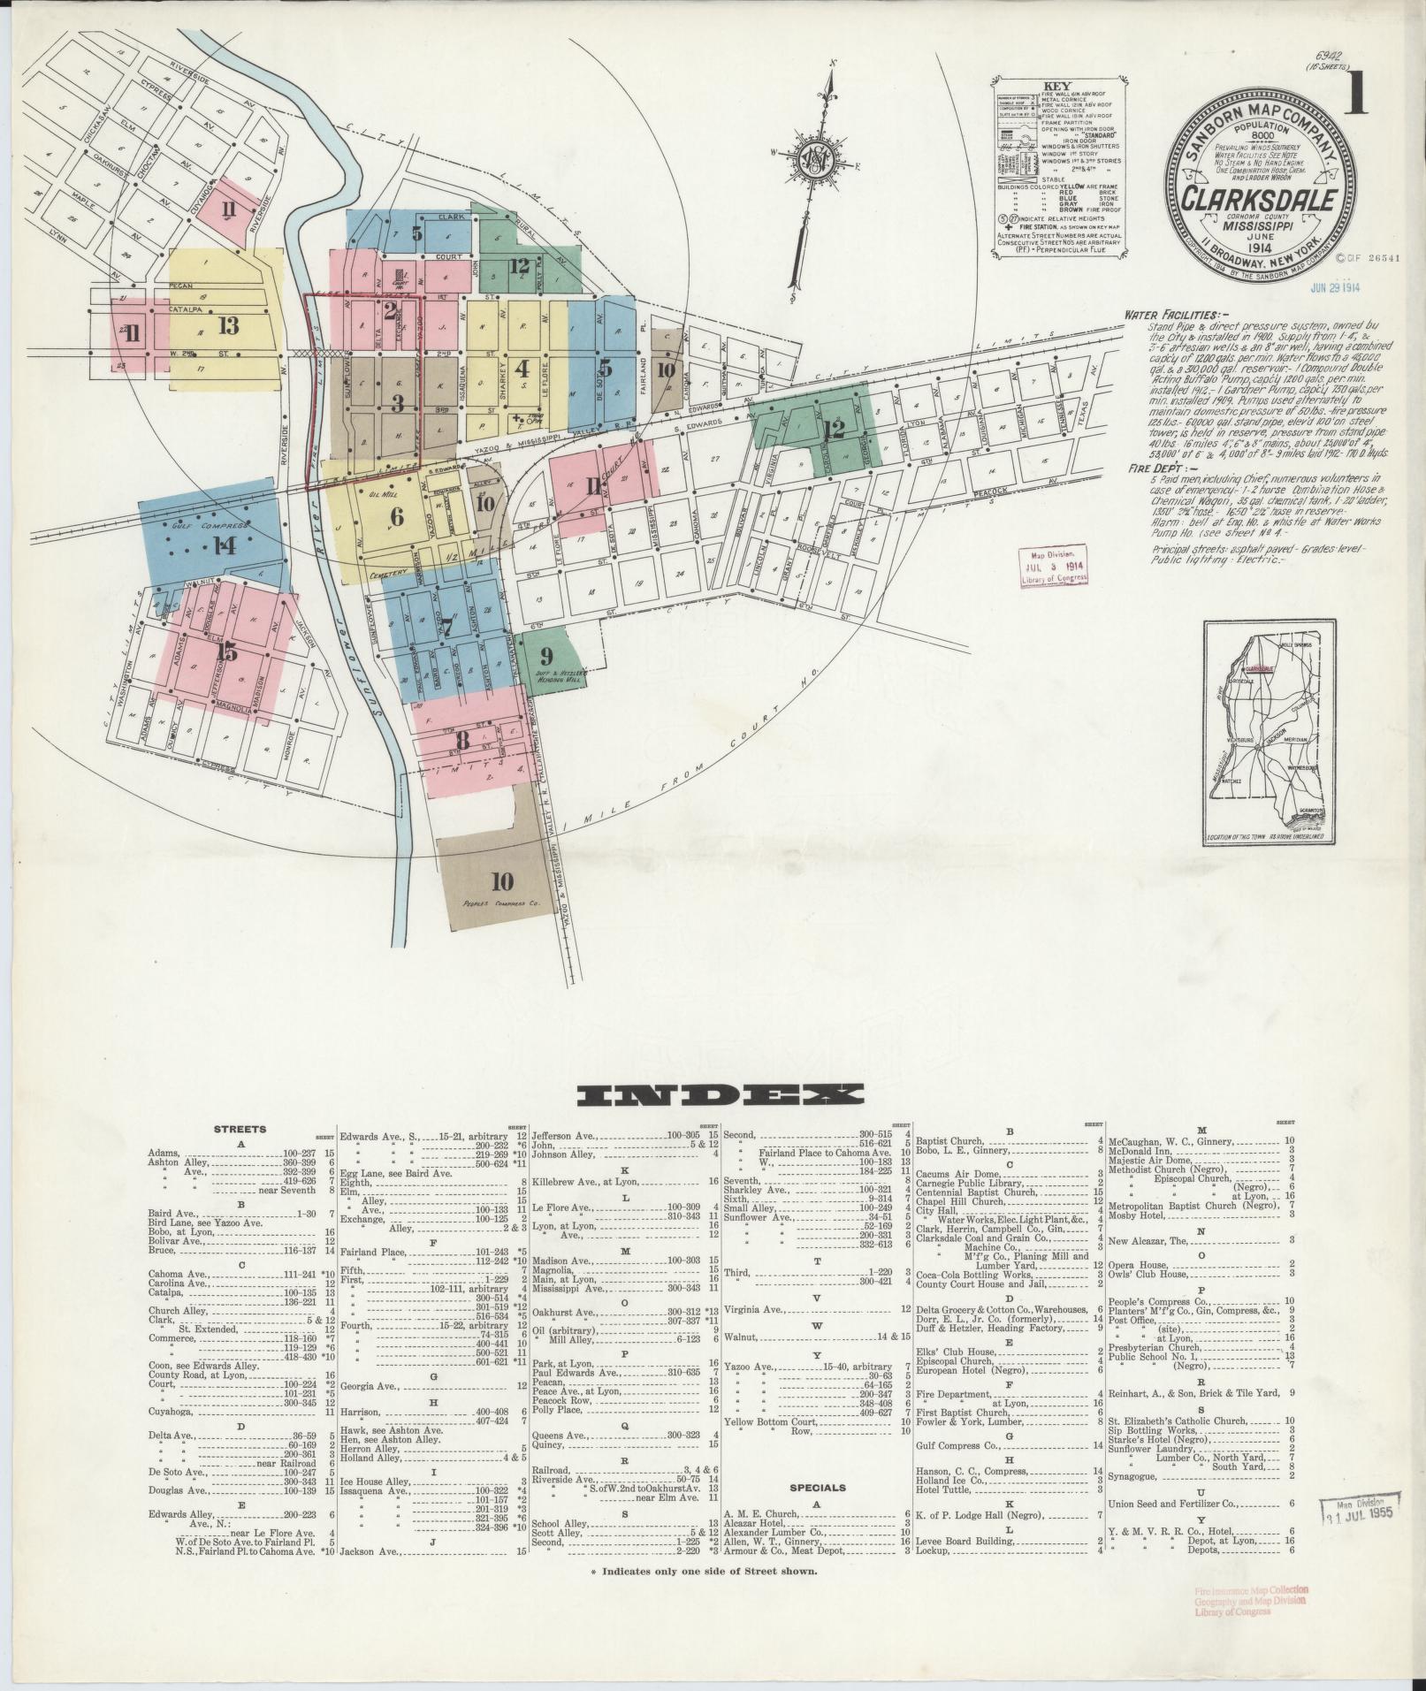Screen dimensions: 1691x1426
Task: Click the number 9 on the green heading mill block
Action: pos(546,656)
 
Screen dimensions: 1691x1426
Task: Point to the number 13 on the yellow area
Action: pos(229,326)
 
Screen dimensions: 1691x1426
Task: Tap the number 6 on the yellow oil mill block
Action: pos(396,516)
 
